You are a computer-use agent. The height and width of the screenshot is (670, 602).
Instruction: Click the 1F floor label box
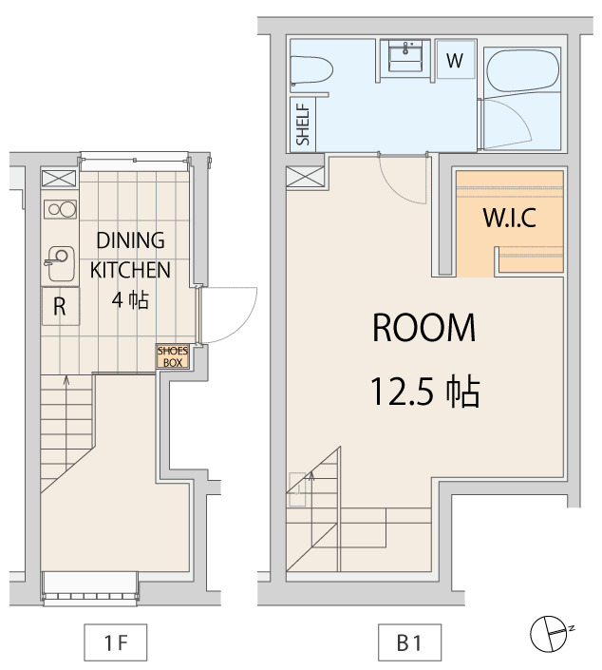point(115,642)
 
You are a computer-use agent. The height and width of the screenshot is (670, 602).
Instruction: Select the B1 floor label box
point(409,642)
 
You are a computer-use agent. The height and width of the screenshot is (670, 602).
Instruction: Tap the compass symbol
point(551,634)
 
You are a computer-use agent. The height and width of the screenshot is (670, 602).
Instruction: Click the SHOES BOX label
point(173,356)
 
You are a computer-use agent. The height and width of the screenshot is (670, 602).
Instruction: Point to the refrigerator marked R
point(60,306)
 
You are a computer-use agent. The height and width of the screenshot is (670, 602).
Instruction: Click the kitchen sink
point(60,263)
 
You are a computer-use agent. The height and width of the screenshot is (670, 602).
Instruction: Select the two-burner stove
point(61,209)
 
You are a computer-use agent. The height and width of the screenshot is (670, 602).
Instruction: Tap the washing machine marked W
point(455,60)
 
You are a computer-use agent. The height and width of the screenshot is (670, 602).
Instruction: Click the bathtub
point(523,69)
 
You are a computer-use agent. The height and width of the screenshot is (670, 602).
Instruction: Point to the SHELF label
point(303,124)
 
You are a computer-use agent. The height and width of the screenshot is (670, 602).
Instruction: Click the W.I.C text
point(509,218)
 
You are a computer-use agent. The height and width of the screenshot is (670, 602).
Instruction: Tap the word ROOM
point(423,328)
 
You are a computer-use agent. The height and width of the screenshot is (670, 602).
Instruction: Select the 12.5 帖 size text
point(425,392)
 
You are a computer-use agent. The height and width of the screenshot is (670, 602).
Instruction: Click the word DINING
point(130,240)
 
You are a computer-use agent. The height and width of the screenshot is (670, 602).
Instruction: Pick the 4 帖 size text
point(130,299)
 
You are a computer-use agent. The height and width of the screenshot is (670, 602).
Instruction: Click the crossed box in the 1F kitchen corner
point(60,179)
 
